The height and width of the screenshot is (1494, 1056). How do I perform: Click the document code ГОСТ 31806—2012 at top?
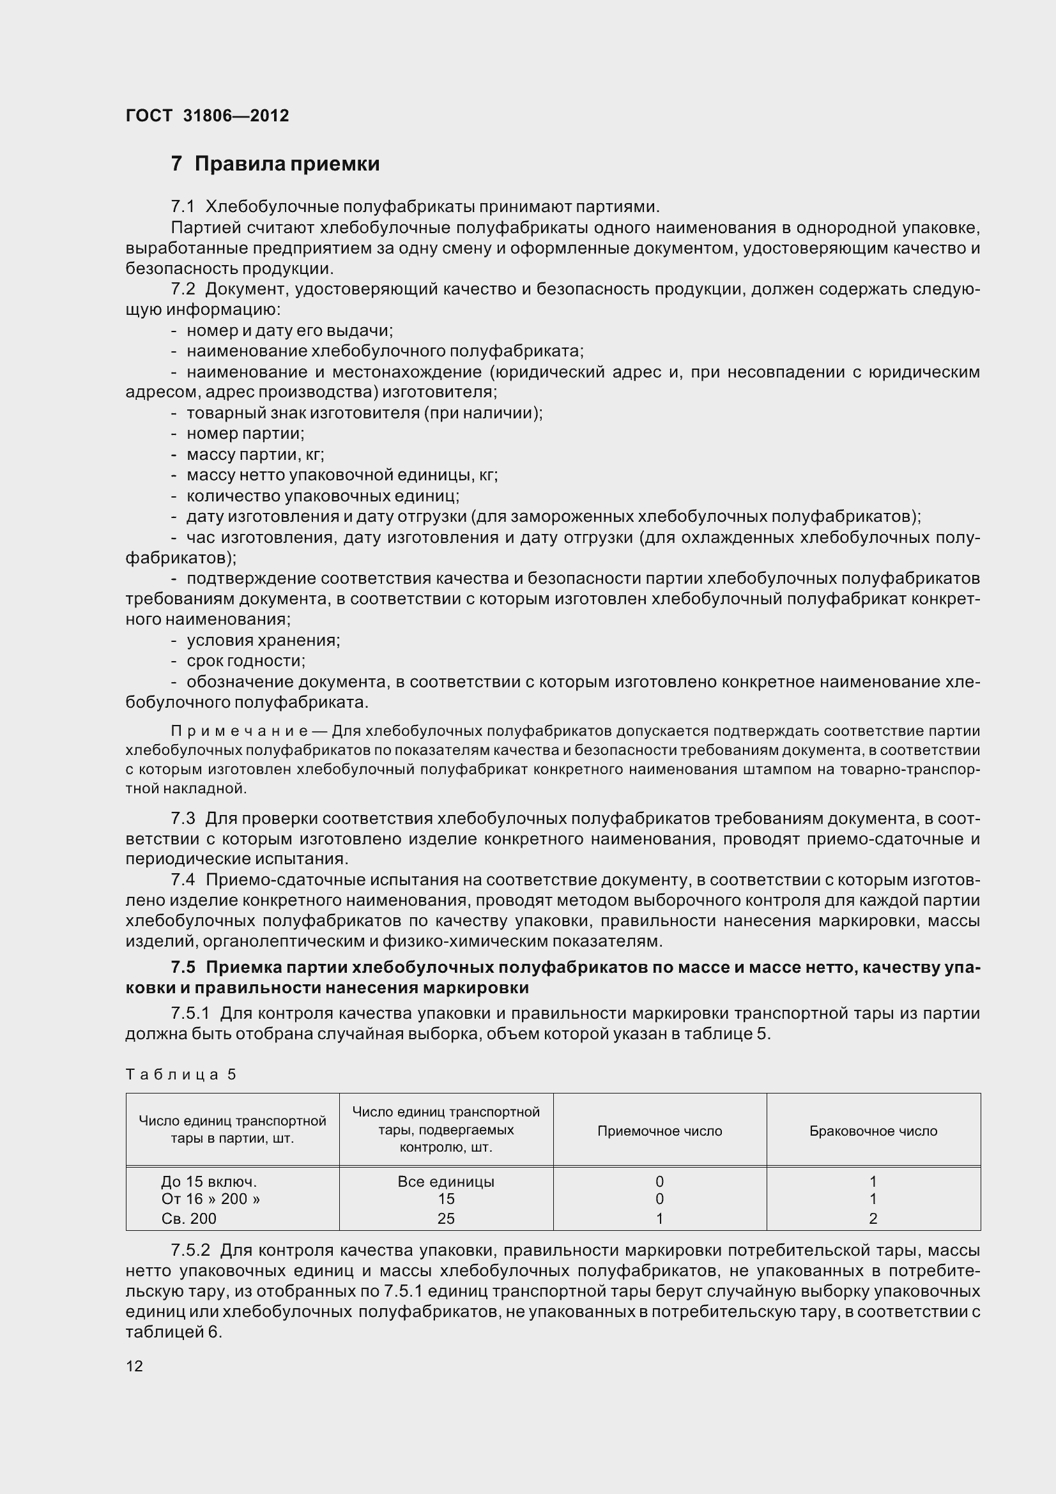tap(207, 116)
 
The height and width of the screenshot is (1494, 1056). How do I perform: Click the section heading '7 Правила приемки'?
tap(275, 164)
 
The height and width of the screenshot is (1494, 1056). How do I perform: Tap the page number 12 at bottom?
tap(134, 1366)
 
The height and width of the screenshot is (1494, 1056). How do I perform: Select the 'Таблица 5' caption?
tap(180, 1074)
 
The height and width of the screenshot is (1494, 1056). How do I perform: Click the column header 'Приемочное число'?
tap(659, 1131)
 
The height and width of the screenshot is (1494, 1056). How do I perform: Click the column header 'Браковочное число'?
tap(873, 1131)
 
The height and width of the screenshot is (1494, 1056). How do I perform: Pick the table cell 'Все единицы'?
tap(446, 1181)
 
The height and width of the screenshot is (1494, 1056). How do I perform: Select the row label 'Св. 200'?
tap(188, 1218)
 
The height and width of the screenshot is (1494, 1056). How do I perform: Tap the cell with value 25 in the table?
tap(446, 1218)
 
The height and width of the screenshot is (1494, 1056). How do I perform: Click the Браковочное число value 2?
tap(873, 1218)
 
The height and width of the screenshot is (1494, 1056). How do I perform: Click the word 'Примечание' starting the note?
tap(239, 731)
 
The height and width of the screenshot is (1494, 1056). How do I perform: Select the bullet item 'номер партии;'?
tap(245, 433)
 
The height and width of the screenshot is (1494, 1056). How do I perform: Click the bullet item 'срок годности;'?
tap(245, 661)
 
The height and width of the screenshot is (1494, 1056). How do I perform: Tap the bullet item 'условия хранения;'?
tap(263, 640)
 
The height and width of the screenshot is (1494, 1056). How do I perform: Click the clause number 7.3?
tap(183, 818)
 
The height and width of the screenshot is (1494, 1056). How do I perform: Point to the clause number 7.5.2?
tap(190, 1250)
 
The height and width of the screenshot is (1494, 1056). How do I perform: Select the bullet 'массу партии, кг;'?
tap(255, 454)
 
